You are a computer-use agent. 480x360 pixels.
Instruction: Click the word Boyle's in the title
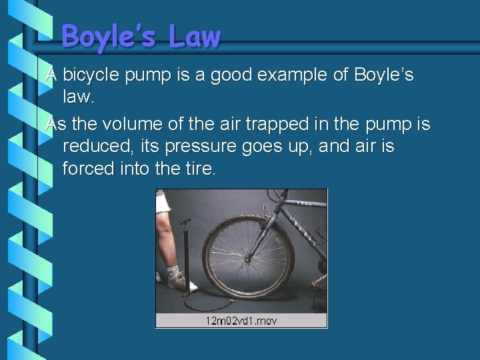pos(109,37)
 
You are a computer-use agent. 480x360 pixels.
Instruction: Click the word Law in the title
pos(194,37)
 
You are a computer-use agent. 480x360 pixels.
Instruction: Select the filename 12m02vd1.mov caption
pos(241,321)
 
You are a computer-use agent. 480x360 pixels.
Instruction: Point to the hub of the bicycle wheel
pos(247,256)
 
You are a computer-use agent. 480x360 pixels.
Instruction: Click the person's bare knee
pos(164,227)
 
